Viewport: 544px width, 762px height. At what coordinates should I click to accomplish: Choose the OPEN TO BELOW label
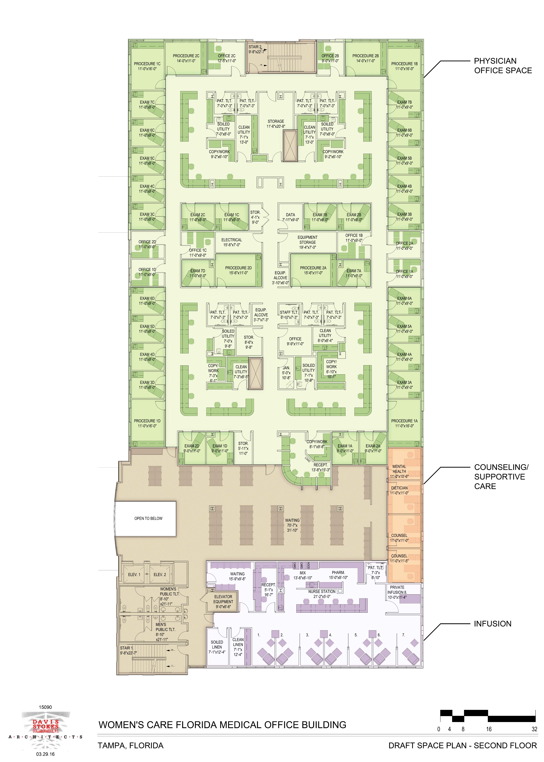coord(148,518)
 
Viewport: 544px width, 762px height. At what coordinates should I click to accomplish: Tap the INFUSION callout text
coord(492,624)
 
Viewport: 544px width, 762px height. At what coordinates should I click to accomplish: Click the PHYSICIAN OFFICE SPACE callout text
coord(503,66)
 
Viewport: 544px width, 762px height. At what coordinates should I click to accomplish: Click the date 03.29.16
coord(46,754)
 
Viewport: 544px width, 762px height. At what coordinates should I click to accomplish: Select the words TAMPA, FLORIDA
coord(131,746)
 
